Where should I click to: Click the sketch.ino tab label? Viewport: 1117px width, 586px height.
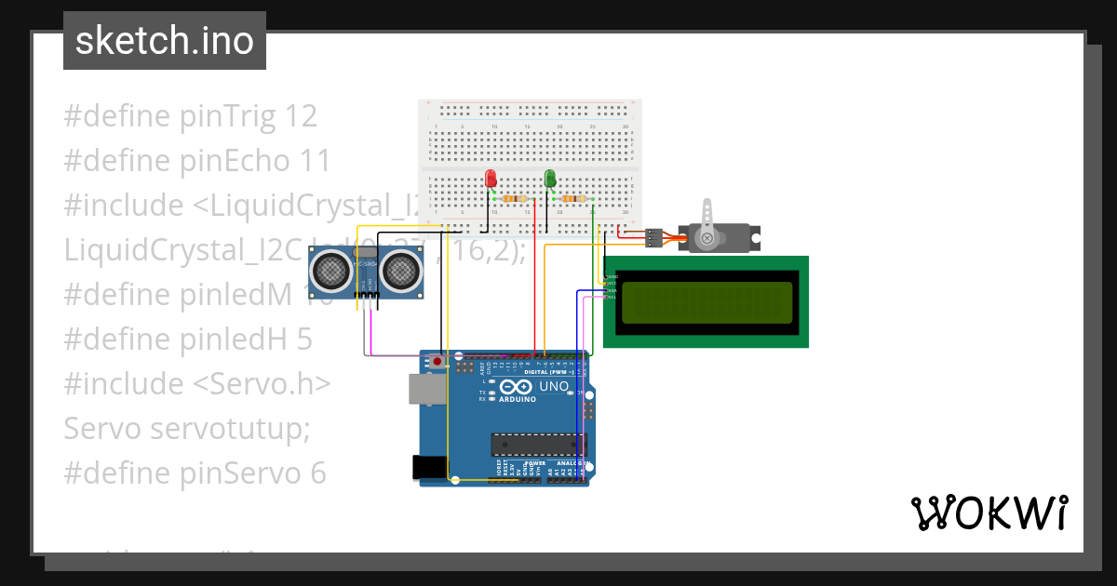[164, 41]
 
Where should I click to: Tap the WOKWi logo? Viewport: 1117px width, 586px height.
[989, 513]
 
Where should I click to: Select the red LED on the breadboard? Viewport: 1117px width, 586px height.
[491, 178]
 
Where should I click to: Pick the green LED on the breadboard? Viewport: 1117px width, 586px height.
[550, 178]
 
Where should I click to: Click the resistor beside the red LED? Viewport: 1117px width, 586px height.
[514, 198]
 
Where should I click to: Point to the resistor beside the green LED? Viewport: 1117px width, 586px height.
[573, 198]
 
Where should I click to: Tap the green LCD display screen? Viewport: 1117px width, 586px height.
[706, 302]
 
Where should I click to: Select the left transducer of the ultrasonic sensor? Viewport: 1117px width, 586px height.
[331, 272]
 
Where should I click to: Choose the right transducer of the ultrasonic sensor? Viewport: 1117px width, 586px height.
[399, 272]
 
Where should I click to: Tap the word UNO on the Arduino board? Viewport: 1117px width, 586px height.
[554, 386]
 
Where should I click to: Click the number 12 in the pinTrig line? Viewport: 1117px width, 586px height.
[302, 116]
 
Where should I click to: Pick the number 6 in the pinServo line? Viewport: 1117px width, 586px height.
[317, 473]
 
